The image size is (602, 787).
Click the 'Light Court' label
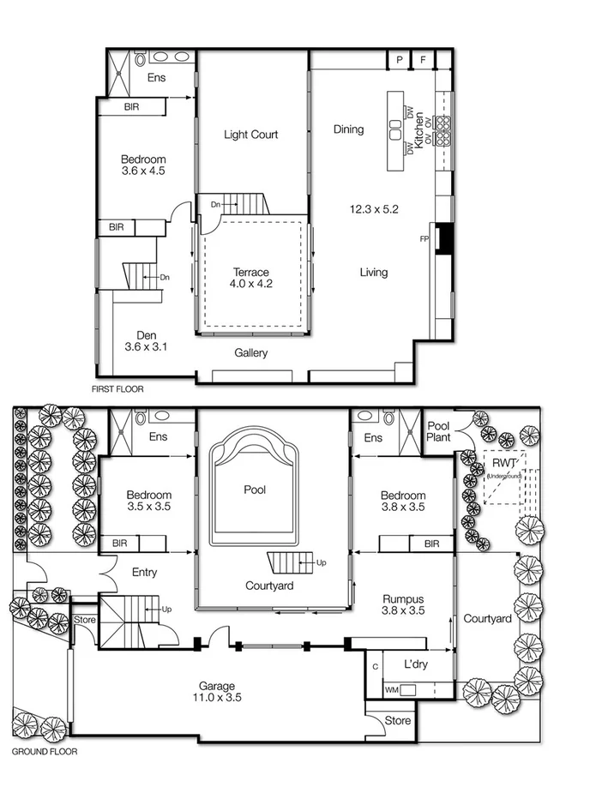click(x=250, y=135)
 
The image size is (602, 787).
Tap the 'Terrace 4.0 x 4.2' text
click(x=251, y=278)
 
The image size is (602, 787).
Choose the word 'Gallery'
click(x=251, y=353)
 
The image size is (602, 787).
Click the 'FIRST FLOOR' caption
click(x=117, y=389)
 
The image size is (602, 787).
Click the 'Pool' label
click(x=254, y=490)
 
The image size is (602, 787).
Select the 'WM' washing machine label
click(x=391, y=689)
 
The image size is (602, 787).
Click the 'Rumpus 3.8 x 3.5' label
click(x=403, y=604)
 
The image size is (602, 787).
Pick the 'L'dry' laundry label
click(x=417, y=664)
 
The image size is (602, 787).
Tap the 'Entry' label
click(x=144, y=573)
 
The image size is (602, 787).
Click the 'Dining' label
click(x=348, y=129)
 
